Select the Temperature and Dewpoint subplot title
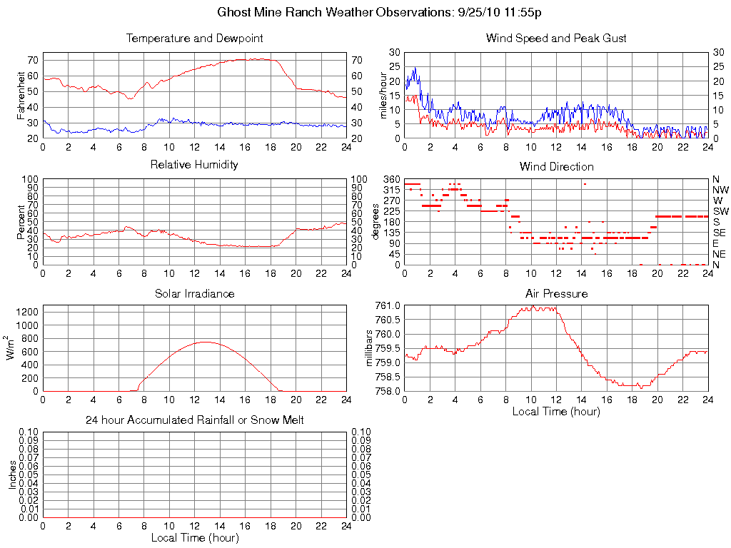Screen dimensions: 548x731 coord(194,38)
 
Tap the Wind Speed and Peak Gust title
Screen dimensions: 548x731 coord(556,38)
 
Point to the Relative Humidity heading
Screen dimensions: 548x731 coord(194,165)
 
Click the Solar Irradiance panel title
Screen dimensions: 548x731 coord(194,293)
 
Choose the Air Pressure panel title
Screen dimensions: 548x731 coord(556,293)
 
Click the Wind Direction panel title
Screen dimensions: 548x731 coord(556,166)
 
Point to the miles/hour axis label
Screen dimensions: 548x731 coord(383,95)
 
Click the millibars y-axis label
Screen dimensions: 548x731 coord(369,348)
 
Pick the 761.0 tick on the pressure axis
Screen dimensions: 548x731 coord(387,305)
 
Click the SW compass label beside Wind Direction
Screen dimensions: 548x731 coord(720,211)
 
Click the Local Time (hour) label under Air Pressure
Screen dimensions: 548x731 coord(556,411)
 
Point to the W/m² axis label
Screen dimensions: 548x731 coord(12,348)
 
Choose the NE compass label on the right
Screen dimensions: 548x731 coord(719,254)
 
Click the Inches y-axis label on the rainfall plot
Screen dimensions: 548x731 coord(12,475)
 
